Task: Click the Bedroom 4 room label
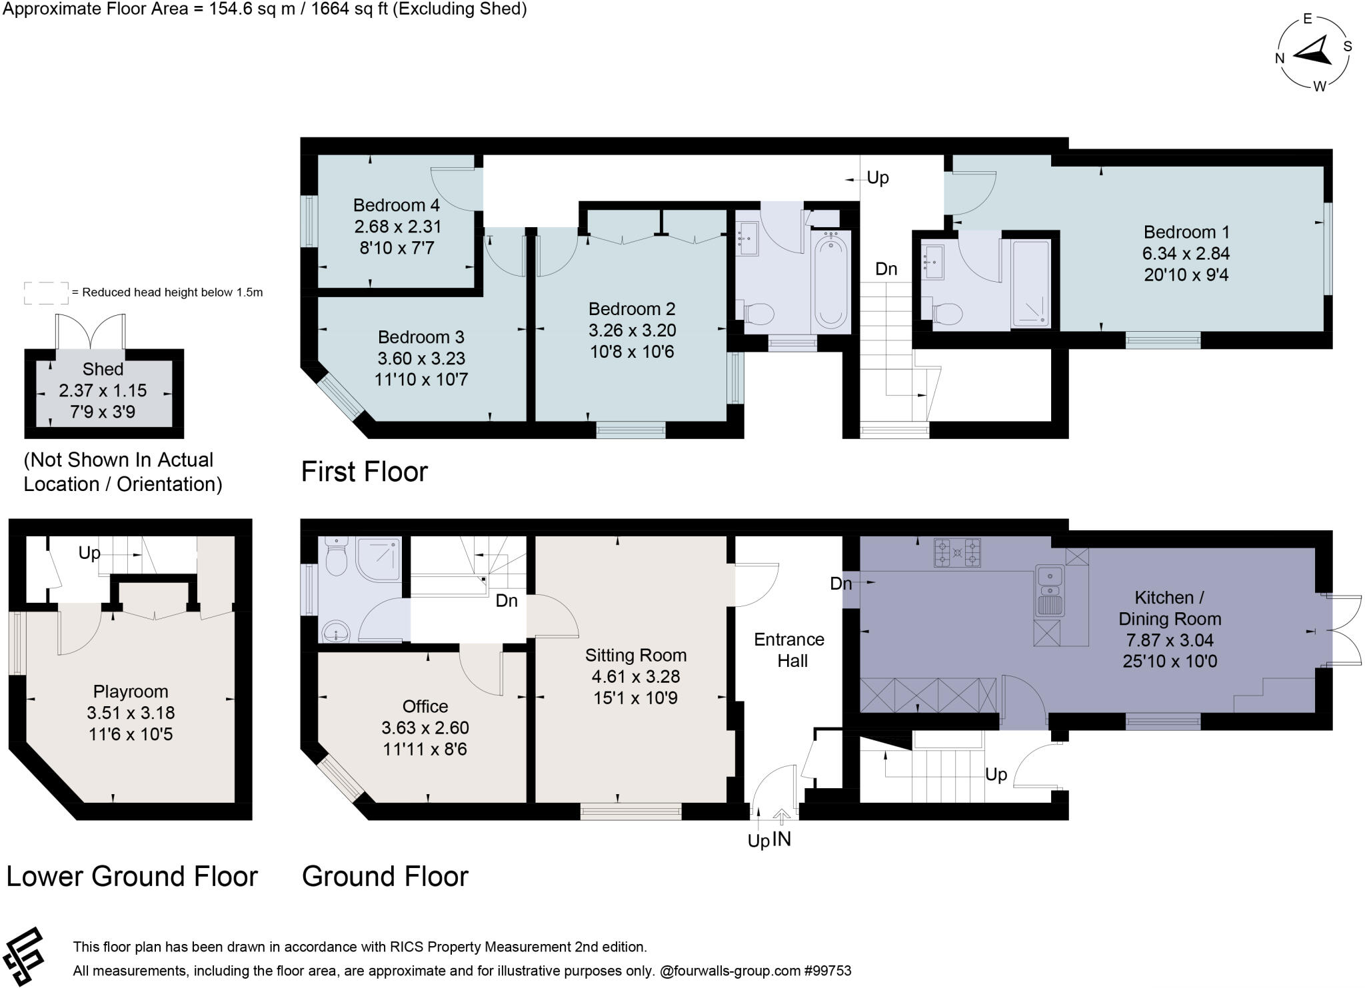[x=397, y=205]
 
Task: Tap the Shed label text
[x=103, y=369]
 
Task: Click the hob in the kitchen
[x=957, y=552]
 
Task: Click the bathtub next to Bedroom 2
[x=830, y=281]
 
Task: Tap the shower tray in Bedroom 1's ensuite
[x=1030, y=284]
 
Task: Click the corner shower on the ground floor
[x=379, y=560]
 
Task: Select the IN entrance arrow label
[x=781, y=839]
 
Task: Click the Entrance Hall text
[x=790, y=650]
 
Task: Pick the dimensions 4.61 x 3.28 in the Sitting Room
[x=635, y=677]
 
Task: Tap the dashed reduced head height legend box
[x=46, y=292]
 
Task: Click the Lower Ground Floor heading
[x=132, y=877]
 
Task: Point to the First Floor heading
[x=364, y=472]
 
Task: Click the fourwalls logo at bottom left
[x=23, y=956]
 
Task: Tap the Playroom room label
[x=131, y=692]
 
